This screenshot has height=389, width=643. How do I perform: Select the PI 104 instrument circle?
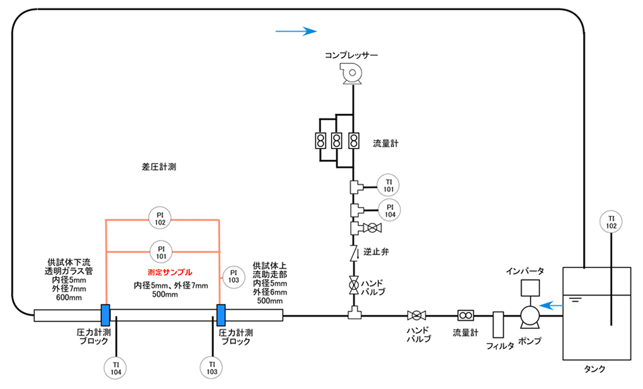[388, 210]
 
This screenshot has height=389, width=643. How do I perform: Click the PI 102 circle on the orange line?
[161, 219]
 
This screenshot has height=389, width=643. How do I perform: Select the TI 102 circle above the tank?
[611, 222]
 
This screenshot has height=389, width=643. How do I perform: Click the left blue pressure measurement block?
[106, 314]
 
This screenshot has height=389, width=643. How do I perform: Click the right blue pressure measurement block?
[220, 314]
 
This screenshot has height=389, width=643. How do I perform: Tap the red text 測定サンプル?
[169, 272]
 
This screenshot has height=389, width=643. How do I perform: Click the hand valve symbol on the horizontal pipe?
[416, 315]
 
